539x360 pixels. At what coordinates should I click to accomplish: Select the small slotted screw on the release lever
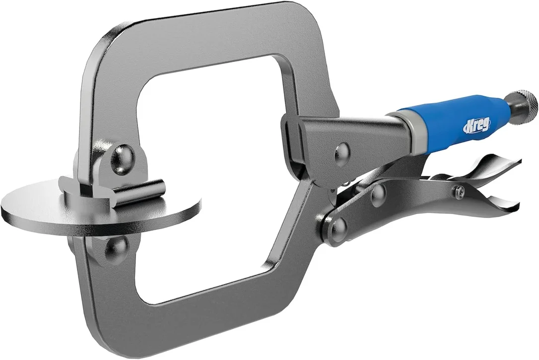(x=460, y=189)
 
